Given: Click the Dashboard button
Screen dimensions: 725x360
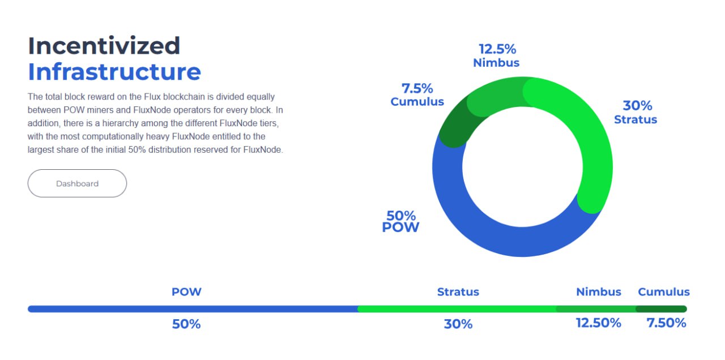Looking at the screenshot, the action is pos(77,183).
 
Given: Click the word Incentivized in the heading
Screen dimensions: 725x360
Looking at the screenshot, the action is pos(104,46).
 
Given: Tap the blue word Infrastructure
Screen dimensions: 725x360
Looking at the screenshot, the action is pos(114,72).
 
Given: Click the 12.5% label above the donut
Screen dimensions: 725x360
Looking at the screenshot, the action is pos(497,49).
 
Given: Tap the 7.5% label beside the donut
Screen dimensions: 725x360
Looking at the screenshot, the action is pos(417,88).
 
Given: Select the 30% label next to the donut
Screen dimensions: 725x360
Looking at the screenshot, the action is pos(637,106).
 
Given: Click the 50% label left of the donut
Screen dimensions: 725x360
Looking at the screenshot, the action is pos(401,216).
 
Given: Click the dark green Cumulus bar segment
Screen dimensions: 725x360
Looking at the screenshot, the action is pos(661,309).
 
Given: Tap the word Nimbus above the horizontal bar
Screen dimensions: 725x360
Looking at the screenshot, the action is pos(599,292).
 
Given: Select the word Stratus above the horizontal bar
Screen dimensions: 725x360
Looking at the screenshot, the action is pos(458,292).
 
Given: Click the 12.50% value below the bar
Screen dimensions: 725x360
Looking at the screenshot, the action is pos(599,323).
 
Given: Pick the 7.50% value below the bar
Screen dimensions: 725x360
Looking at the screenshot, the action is pos(667,323).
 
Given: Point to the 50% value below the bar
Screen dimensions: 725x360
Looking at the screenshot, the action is pos(186,324).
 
